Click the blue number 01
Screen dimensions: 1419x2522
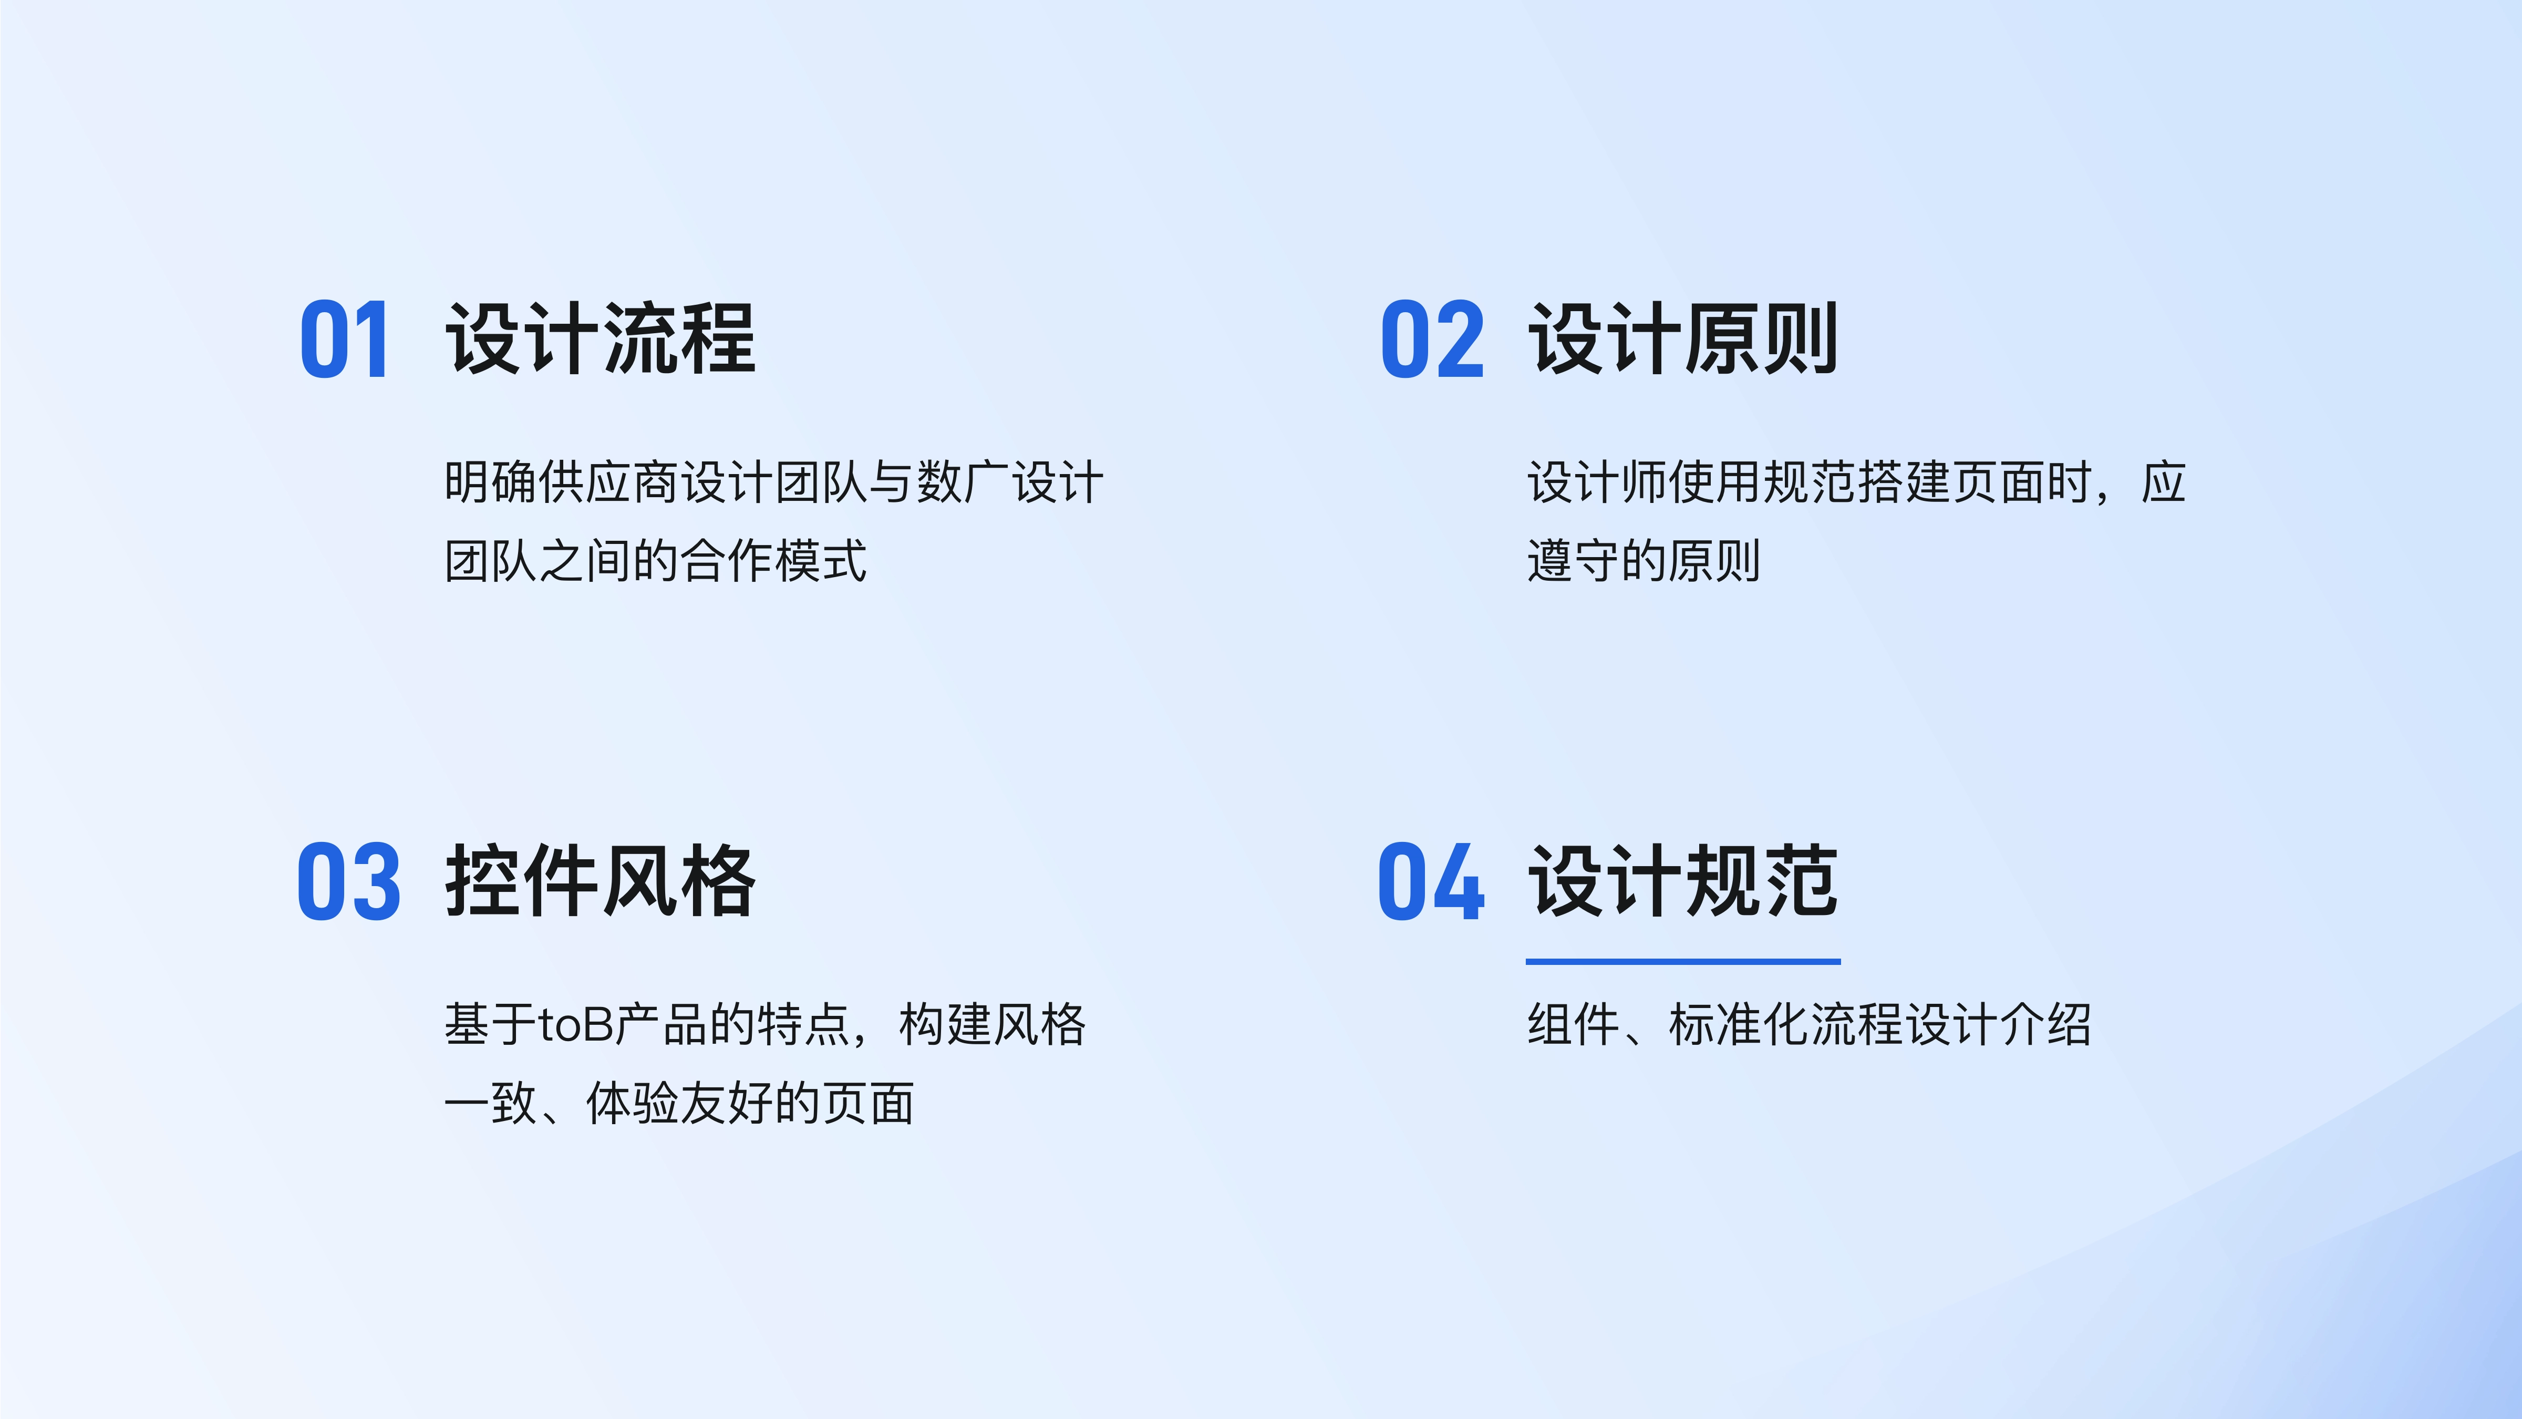(345, 340)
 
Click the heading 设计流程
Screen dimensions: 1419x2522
(600, 339)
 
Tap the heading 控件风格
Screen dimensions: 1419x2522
(600, 881)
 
